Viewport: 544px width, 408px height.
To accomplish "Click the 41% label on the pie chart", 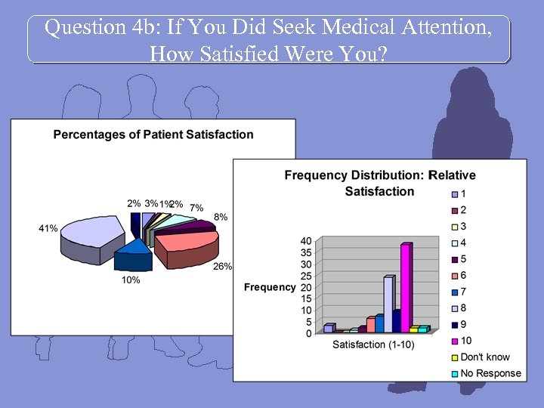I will (x=48, y=228).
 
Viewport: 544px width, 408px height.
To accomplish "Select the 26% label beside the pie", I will (x=223, y=266).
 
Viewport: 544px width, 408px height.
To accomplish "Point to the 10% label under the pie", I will (x=130, y=280).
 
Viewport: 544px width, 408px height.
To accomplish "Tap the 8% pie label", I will (x=221, y=218).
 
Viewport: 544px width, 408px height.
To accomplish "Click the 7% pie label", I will (x=196, y=208).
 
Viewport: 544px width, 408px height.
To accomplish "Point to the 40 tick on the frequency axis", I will (x=306, y=241).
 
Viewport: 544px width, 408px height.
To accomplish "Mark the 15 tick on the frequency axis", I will (x=306, y=299).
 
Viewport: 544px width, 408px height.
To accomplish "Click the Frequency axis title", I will (x=270, y=287).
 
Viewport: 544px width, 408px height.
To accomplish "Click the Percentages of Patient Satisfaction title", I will (x=153, y=134).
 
